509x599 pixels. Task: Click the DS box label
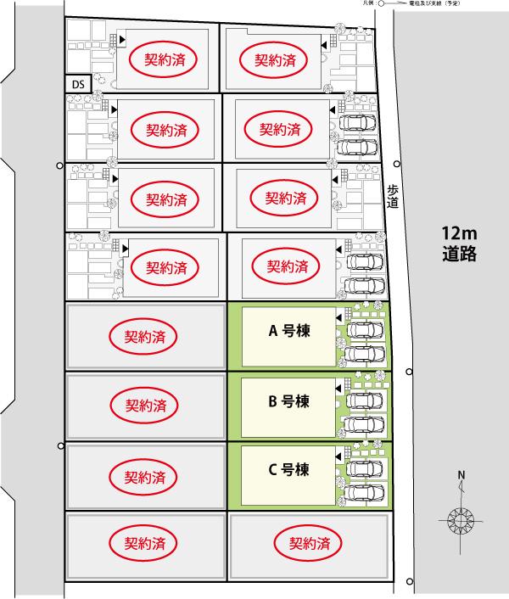[78, 84]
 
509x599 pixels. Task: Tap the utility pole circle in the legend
[382, 3]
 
